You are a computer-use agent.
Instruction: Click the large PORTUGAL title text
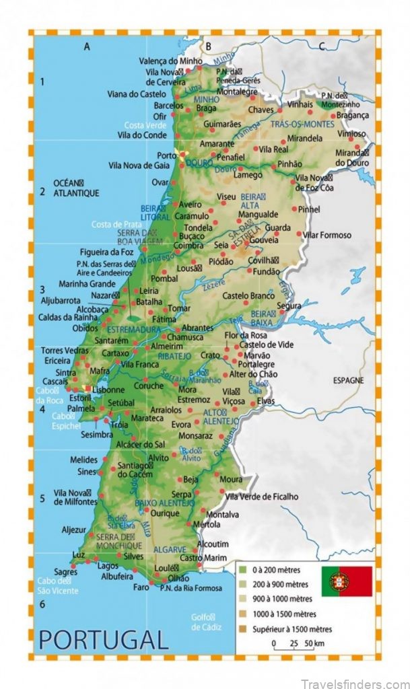[103, 637]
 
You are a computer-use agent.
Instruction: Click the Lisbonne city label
[107, 390]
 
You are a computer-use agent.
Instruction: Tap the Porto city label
[166, 155]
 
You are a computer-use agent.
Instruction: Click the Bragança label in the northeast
[353, 116]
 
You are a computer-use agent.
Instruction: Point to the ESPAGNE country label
[348, 380]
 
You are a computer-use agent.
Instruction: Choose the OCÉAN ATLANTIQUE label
[76, 188]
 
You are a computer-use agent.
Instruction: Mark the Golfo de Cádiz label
[201, 622]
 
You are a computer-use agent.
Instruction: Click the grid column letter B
[209, 46]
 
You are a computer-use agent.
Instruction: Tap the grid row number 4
[42, 408]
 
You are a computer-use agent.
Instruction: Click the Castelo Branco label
[248, 295]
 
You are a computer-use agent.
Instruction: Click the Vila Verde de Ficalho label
[261, 497]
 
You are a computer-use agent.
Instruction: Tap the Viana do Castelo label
[136, 94]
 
